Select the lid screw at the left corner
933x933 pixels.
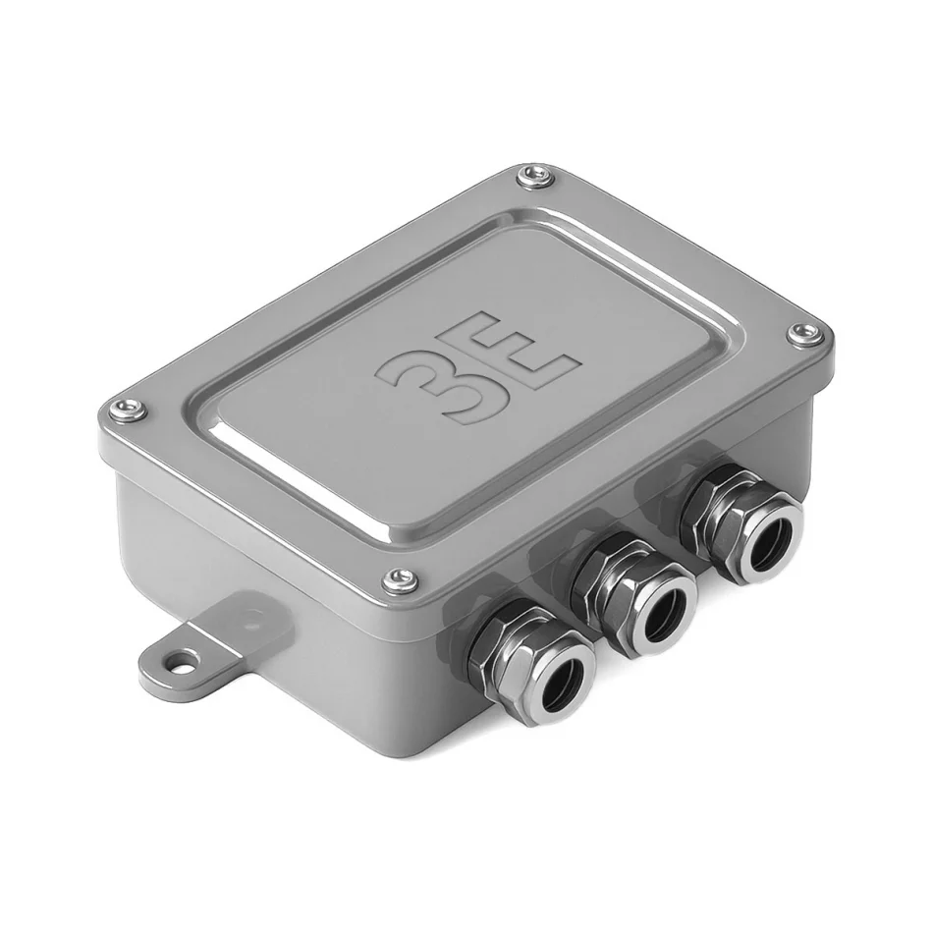pos(128,409)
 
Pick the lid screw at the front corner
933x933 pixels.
pos(401,579)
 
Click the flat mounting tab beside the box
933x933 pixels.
pos(208,642)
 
